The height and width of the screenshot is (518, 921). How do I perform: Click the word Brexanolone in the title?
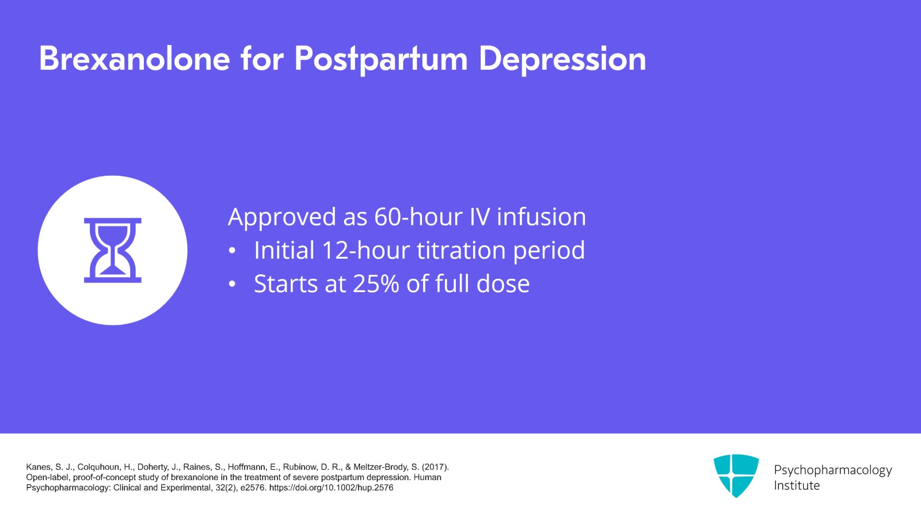[135, 59]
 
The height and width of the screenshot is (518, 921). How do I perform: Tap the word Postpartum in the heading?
[380, 59]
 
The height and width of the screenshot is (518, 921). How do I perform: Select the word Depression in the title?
[562, 59]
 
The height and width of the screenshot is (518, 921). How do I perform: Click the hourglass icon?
[113, 250]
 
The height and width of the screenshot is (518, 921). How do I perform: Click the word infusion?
[541, 217]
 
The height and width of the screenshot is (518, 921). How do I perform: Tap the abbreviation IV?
[479, 217]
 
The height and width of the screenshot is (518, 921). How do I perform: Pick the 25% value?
[376, 284]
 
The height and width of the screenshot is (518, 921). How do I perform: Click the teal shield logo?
[736, 475]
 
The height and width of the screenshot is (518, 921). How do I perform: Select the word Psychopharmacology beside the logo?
[832, 470]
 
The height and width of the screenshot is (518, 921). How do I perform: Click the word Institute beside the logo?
[797, 486]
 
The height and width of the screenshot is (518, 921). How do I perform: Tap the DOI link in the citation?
[331, 488]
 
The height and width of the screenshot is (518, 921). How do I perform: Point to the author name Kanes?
[38, 467]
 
